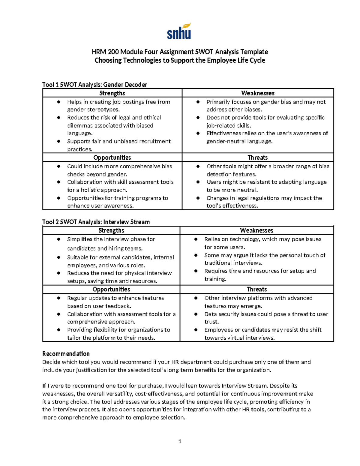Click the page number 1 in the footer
pyautogui.click(x=180, y=441)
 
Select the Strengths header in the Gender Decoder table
pyautogui.click(x=112, y=93)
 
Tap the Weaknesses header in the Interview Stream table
pyautogui.click(x=256, y=230)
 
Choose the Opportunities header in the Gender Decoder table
pyautogui.click(x=112, y=158)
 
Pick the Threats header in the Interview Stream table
pyautogui.click(x=256, y=289)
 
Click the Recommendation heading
pyautogui.click(x=66, y=353)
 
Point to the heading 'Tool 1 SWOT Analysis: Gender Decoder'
pyautogui.click(x=94, y=85)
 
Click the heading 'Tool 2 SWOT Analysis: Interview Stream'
pyautogui.click(x=96, y=222)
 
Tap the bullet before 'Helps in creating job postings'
pyautogui.click(x=59, y=102)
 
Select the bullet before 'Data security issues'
pyautogui.click(x=196, y=314)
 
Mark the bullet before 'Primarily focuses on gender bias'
pyautogui.click(x=198, y=102)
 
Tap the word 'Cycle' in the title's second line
pyautogui.click(x=257, y=60)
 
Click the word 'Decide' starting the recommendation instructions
pyautogui.click(x=51, y=362)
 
